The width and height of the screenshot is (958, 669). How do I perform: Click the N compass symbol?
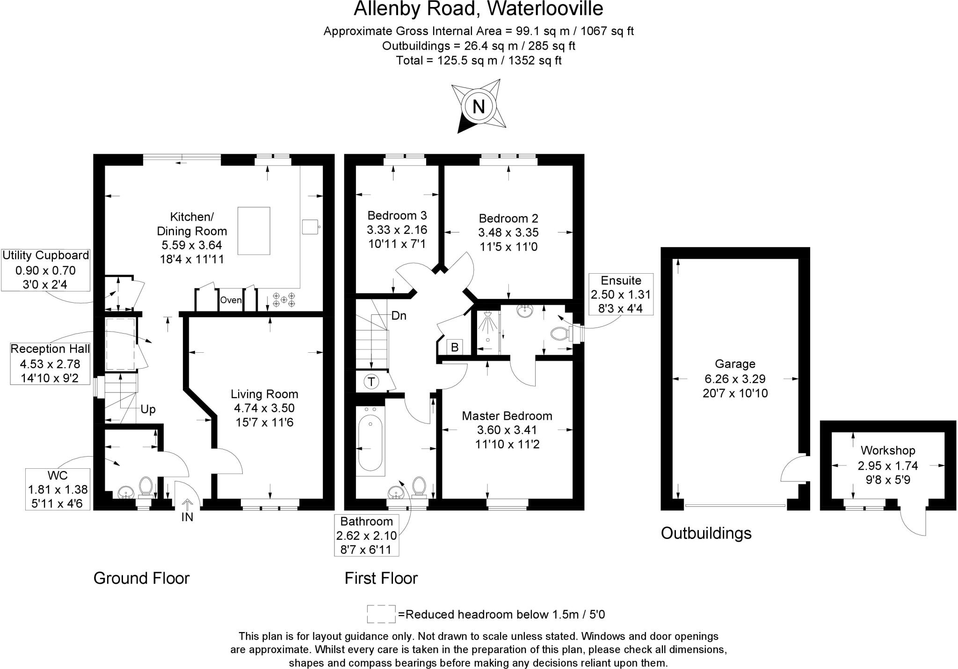coord(478,107)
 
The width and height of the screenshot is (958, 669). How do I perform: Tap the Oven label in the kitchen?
coord(231,300)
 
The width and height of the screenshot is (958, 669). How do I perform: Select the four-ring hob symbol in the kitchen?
coord(284,299)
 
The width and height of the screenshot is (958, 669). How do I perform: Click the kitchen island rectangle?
coord(254,231)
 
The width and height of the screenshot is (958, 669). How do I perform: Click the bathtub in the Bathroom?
coord(370,443)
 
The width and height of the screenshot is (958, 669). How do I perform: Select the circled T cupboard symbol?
coord(371,382)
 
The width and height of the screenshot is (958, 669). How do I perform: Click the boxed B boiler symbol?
coord(454,348)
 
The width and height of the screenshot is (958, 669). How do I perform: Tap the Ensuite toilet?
coord(560,334)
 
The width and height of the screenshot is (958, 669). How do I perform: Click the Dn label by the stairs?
coord(399,316)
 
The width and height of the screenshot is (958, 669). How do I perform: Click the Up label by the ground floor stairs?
coord(148,409)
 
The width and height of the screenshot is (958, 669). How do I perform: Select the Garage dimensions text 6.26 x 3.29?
coord(735,378)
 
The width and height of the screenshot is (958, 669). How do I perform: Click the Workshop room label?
coord(887,451)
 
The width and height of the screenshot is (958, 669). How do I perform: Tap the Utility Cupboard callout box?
coord(45,270)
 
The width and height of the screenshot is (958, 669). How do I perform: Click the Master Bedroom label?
coord(507,416)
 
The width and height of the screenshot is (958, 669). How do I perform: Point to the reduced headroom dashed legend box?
coord(381,614)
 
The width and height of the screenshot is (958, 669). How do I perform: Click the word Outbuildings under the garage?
coord(706,533)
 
